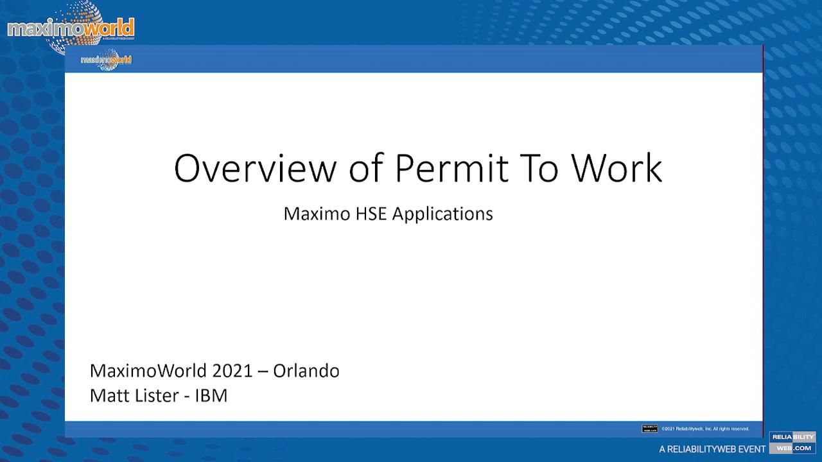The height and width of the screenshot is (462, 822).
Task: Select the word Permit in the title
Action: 451,168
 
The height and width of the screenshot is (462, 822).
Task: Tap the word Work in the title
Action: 616,168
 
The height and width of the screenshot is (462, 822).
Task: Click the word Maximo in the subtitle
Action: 317,214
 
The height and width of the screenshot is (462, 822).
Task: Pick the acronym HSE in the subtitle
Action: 372,214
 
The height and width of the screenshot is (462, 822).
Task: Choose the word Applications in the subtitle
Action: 442,214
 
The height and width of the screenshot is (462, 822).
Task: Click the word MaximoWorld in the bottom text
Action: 148,371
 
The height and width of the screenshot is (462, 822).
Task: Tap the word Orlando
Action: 306,371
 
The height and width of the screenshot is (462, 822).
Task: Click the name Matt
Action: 110,395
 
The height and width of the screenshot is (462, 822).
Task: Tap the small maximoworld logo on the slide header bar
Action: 106,60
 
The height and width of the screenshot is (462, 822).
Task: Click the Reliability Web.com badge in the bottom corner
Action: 792,443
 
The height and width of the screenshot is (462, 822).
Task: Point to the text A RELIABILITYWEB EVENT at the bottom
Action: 712,449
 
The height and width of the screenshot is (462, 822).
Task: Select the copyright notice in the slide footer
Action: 705,429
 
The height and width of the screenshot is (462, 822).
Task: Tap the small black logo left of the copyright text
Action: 649,429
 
